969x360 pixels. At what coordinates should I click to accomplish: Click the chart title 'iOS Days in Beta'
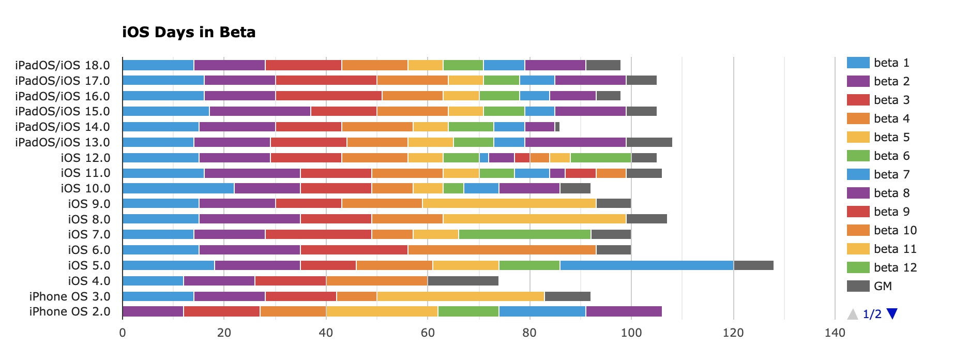click(189, 33)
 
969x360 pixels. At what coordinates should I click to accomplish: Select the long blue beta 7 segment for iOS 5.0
click(647, 265)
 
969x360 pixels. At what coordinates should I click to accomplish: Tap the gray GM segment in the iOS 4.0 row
click(463, 281)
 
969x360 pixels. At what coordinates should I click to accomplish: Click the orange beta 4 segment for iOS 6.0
click(502, 250)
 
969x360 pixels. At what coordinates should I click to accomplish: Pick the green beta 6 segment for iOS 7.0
click(524, 234)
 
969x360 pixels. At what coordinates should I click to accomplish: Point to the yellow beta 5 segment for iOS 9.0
click(509, 204)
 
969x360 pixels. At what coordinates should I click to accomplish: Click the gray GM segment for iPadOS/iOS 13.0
click(649, 142)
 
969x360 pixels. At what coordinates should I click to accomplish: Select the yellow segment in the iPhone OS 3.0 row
click(460, 296)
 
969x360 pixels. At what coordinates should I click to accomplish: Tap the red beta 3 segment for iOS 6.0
click(354, 250)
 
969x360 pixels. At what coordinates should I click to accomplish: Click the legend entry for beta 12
click(895, 267)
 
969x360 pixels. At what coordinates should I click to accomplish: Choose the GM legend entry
click(883, 286)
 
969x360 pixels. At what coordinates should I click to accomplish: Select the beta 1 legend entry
click(891, 63)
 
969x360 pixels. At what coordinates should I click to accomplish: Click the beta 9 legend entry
click(891, 212)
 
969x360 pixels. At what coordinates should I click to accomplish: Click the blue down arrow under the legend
click(892, 313)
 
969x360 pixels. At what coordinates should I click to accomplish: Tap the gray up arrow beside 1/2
click(852, 314)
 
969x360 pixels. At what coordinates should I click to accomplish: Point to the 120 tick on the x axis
click(733, 333)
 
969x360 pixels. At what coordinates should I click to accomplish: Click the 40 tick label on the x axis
click(326, 333)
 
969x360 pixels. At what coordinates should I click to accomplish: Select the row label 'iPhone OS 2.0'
click(70, 311)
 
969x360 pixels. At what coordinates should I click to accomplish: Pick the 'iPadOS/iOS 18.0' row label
click(63, 65)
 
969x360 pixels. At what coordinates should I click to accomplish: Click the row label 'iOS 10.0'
click(85, 188)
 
